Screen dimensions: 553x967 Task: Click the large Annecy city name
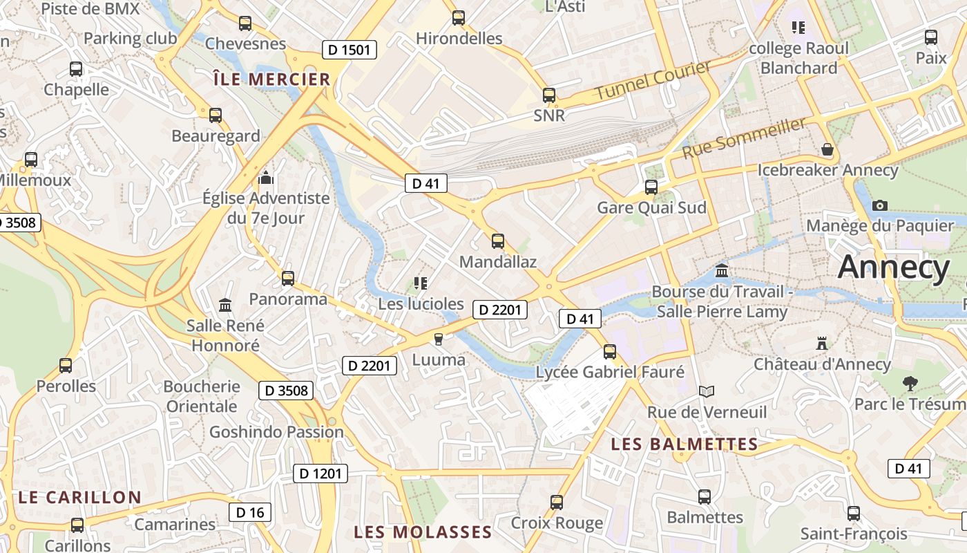[894, 268]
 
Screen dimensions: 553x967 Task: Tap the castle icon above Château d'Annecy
[821, 343]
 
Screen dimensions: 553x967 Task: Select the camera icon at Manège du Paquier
[879, 205]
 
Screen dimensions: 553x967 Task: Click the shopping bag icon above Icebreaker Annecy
[827, 149]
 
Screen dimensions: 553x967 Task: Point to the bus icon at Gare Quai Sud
[651, 187]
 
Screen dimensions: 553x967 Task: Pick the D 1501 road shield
[350, 50]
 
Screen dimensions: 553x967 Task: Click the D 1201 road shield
[320, 474]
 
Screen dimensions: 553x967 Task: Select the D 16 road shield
[250, 512]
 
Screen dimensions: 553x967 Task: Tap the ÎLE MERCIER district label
[271, 79]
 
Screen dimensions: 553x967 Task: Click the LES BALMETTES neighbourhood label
[684, 444]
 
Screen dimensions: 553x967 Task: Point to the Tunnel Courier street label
[653, 80]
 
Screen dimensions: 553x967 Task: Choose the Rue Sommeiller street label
[744, 138]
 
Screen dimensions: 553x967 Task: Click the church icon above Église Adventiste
[266, 178]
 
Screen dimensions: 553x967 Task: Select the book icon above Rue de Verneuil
[706, 392]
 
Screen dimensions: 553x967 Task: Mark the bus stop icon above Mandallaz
[497, 241]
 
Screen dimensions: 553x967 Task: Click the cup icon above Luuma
[437, 339]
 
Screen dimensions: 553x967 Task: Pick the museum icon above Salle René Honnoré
[224, 305]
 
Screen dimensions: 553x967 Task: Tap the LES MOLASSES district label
[423, 532]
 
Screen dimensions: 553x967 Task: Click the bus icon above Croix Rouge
[557, 503]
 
